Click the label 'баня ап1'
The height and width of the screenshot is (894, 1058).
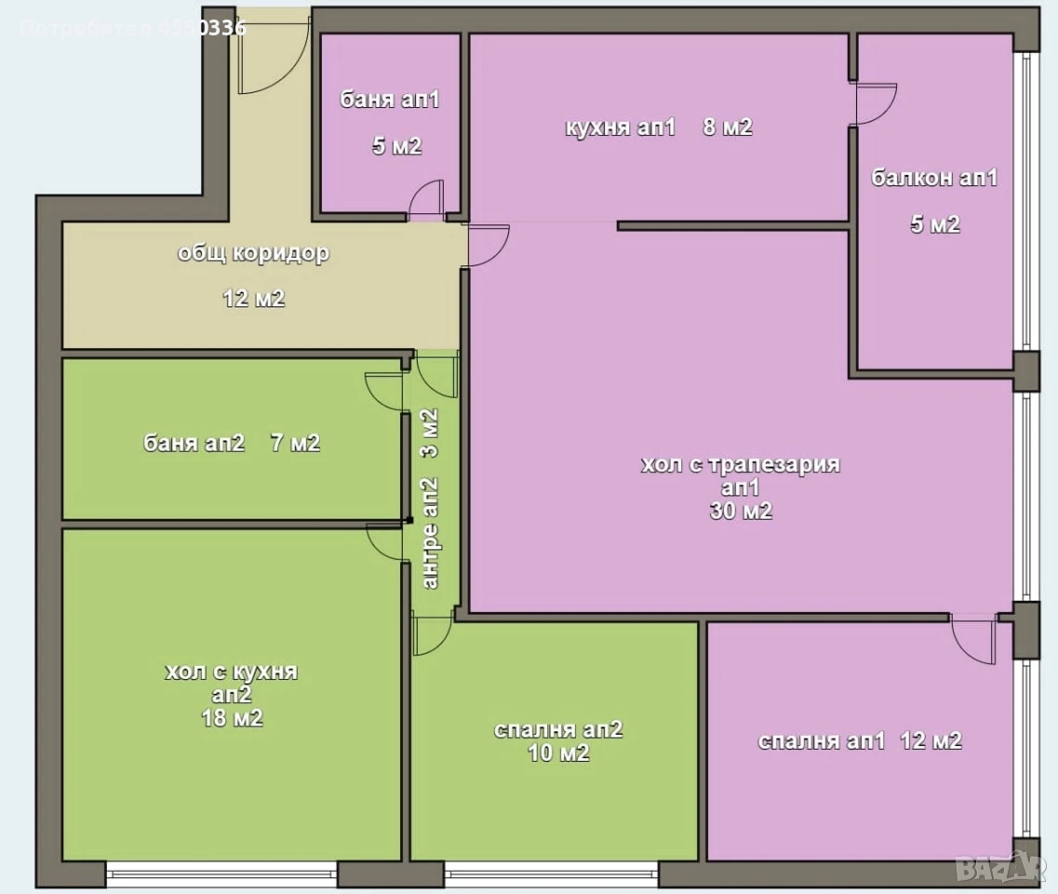click(389, 100)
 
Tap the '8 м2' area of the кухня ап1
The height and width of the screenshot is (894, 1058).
click(728, 127)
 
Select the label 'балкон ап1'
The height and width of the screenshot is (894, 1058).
click(934, 178)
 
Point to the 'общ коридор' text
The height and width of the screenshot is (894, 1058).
click(253, 253)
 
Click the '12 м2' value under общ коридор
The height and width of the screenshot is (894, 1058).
click(254, 298)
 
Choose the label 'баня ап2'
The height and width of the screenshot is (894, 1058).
click(194, 443)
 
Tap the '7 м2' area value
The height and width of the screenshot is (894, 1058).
click(295, 443)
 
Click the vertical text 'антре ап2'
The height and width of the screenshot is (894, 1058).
click(430, 533)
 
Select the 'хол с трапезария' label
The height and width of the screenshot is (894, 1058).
click(740, 465)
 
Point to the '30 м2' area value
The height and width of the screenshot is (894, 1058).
click(740, 510)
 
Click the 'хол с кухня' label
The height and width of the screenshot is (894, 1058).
click(232, 671)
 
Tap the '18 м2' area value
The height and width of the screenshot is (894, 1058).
click(232, 718)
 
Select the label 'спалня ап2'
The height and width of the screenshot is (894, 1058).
click(558, 730)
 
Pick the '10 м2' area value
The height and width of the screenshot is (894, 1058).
click(558, 752)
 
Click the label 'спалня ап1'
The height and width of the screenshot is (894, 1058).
click(821, 741)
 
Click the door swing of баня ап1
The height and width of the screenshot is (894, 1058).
click(426, 200)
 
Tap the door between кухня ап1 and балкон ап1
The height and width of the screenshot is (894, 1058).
click(875, 104)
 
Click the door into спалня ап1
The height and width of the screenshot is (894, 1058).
click(974, 638)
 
